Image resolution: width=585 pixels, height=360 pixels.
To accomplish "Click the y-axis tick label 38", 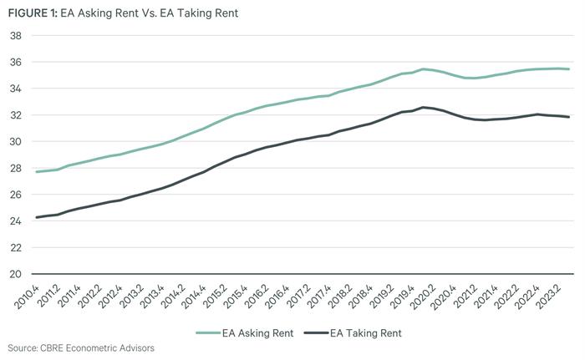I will point(15,36).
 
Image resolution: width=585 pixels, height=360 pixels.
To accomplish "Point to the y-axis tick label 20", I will point(15,273).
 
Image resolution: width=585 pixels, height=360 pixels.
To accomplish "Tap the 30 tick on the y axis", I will point(15,141).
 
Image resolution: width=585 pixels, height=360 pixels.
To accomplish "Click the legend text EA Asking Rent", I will point(258,333).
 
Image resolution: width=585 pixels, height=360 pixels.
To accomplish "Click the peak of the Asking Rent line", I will point(424,69).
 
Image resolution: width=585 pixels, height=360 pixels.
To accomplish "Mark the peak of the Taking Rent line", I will point(424,107).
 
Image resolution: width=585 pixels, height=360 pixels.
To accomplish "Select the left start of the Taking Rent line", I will point(36,217).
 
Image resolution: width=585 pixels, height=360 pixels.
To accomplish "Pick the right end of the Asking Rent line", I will point(570,69).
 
